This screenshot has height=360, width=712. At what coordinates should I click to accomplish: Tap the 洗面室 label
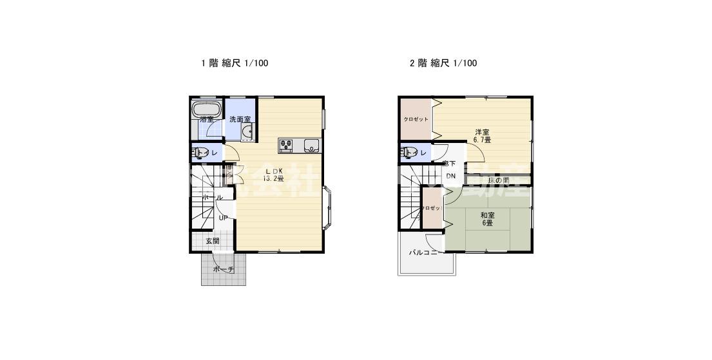pos(240,119)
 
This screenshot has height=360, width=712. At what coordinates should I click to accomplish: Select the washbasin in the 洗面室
pos(246,133)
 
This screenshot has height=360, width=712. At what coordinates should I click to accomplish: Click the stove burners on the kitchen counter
pos(287,143)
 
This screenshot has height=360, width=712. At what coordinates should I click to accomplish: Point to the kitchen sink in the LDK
pos(311,144)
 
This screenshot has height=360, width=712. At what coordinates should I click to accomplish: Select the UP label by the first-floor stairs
pos(223,218)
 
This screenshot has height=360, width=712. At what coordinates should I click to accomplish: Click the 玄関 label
pos(213,241)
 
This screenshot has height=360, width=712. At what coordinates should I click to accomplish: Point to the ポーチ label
pos(223,269)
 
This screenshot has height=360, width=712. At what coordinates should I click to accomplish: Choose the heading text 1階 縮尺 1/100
pos(235,63)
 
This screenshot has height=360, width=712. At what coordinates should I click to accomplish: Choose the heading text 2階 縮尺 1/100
pos(443,63)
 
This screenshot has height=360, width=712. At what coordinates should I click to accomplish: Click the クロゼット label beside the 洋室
pos(416,119)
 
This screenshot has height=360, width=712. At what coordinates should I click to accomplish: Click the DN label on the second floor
pos(451,176)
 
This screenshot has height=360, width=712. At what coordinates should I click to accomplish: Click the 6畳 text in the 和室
pos(487,223)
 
